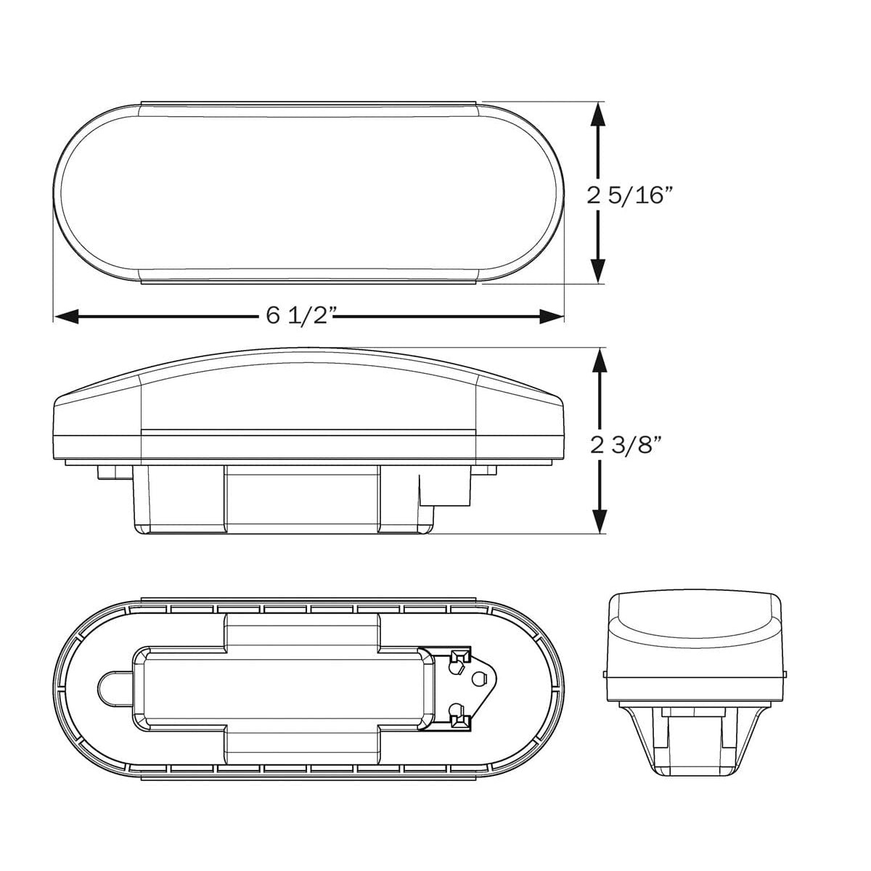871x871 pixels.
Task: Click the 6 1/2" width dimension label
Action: click(x=299, y=316)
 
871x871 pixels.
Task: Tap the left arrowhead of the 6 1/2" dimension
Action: click(x=67, y=316)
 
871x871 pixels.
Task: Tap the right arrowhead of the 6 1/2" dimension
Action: click(x=552, y=316)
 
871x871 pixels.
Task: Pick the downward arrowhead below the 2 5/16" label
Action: click(x=598, y=270)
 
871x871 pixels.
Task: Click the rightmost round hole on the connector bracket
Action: click(x=478, y=679)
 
